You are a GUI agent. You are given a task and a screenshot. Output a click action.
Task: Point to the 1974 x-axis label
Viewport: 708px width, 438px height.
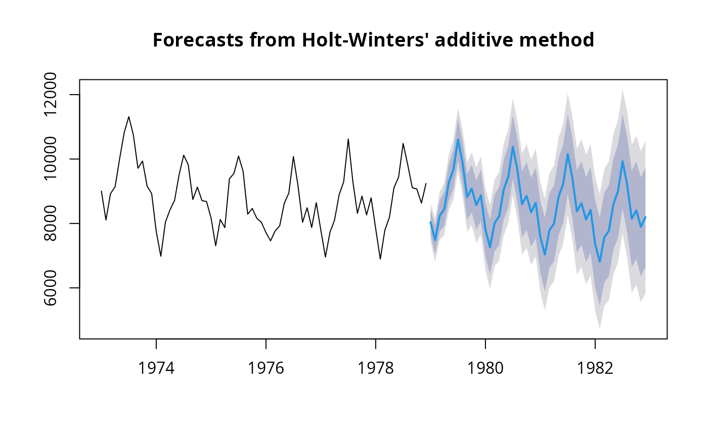[156, 368]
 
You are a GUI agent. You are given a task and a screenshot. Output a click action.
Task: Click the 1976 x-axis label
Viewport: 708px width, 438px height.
[266, 368]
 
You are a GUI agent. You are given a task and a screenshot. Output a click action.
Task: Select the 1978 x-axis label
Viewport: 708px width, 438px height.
[376, 368]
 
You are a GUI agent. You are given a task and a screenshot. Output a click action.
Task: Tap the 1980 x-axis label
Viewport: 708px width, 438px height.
[485, 368]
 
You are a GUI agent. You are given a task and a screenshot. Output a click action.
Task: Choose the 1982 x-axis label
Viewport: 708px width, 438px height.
[595, 368]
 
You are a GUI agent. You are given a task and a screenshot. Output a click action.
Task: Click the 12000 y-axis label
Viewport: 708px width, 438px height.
[55, 95]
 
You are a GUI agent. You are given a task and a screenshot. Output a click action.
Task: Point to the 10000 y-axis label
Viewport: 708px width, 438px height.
[55, 159]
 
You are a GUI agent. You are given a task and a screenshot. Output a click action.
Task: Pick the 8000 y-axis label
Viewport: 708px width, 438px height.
[55, 224]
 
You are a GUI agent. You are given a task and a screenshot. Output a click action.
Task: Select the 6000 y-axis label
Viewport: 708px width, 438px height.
[55, 288]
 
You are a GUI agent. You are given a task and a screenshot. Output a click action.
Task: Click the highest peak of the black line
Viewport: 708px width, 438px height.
[129, 117]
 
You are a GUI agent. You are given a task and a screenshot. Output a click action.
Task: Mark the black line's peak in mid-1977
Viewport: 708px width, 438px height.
[348, 139]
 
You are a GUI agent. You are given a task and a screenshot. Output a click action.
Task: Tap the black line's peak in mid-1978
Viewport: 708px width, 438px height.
[403, 144]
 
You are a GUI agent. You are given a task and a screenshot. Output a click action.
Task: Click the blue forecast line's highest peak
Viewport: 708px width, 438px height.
[458, 140]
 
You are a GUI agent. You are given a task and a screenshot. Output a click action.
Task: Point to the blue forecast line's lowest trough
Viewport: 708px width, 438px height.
[600, 261]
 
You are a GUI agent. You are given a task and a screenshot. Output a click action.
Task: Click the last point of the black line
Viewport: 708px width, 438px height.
[426, 184]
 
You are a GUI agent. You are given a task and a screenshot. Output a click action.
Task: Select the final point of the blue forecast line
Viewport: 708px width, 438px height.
[645, 217]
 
